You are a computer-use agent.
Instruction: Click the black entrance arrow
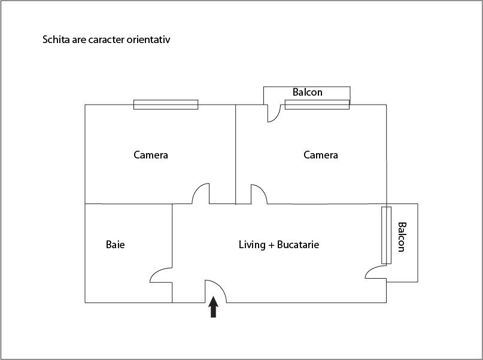point(214,307)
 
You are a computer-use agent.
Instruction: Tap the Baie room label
point(115,245)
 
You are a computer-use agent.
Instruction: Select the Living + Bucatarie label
point(279,245)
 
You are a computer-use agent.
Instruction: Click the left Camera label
point(151,155)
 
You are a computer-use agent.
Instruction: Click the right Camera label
point(321,155)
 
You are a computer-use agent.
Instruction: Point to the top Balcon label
point(308,92)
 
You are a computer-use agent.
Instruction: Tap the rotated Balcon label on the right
point(402,237)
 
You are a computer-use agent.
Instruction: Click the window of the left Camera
point(166,105)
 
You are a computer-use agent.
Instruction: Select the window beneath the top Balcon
point(317,105)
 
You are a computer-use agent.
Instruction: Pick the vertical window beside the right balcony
point(386,236)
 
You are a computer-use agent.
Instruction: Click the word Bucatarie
point(298,245)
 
